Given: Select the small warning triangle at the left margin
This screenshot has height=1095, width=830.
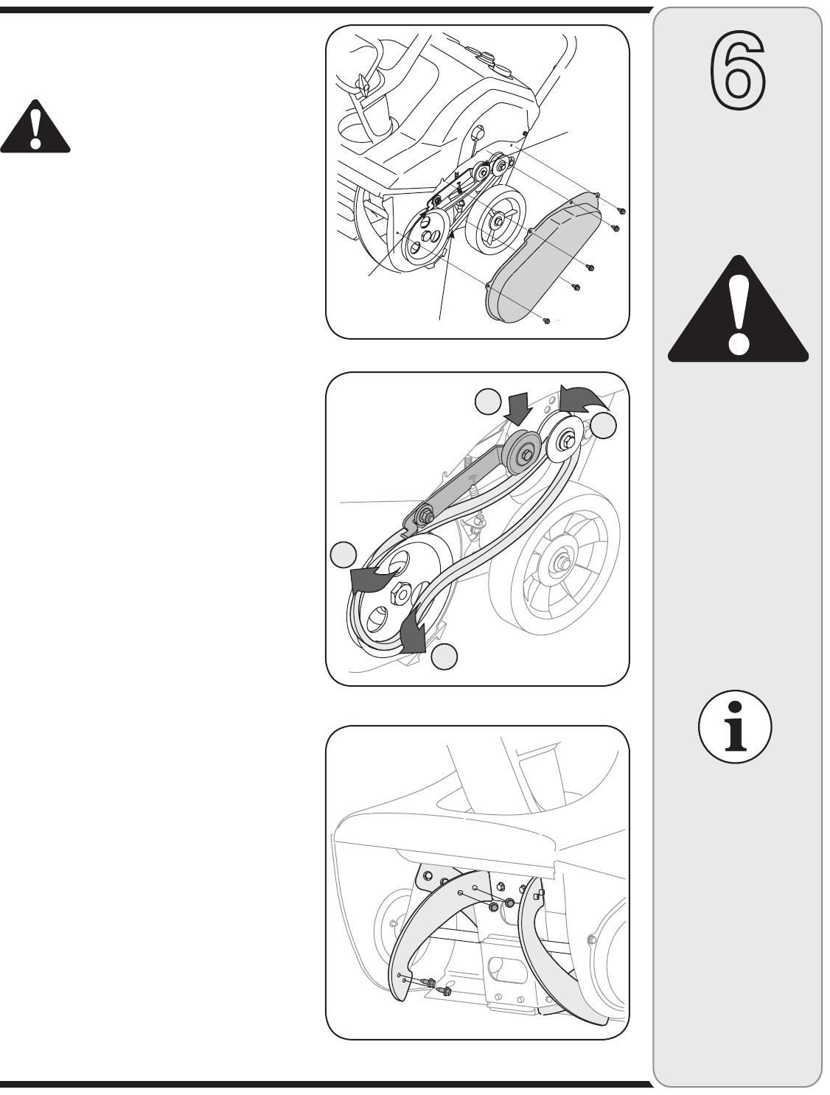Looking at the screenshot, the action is (x=35, y=126).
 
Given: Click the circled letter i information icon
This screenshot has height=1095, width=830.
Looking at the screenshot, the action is (x=735, y=727).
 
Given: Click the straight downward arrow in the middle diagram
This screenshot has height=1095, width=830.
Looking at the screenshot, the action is (x=518, y=408).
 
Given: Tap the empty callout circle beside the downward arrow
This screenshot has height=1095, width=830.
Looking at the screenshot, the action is (x=488, y=402).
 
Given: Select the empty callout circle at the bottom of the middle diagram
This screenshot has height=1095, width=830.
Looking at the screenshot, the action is (x=444, y=657).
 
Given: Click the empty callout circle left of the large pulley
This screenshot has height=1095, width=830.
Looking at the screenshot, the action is (x=343, y=554).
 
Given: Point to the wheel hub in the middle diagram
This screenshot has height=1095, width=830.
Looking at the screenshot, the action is (x=562, y=563).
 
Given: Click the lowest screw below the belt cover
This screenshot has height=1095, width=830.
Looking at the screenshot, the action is (x=546, y=321).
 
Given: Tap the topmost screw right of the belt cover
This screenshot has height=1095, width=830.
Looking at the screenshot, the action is (x=621, y=211).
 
